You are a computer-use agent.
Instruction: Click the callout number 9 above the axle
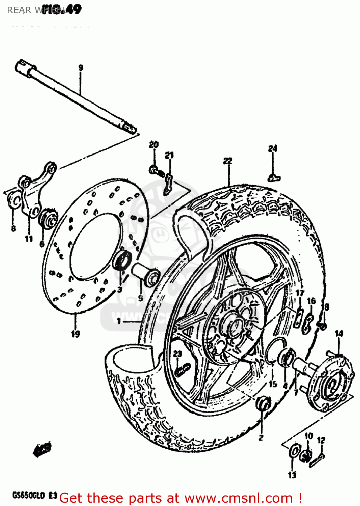81,67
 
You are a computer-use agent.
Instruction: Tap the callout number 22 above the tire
228,161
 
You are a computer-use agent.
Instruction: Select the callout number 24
273,148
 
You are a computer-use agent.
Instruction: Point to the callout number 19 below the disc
75,334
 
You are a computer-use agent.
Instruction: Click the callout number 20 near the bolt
154,145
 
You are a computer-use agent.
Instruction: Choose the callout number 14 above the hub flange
339,334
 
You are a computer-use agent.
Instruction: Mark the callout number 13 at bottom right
292,475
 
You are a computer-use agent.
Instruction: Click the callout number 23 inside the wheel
177,354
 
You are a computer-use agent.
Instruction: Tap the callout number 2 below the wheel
261,438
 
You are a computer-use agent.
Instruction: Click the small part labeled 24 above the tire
274,177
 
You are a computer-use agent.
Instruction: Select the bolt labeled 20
156,170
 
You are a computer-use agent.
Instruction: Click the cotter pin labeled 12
317,460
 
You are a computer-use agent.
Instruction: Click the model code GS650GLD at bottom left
29,496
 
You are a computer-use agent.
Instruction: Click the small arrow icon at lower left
42,449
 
